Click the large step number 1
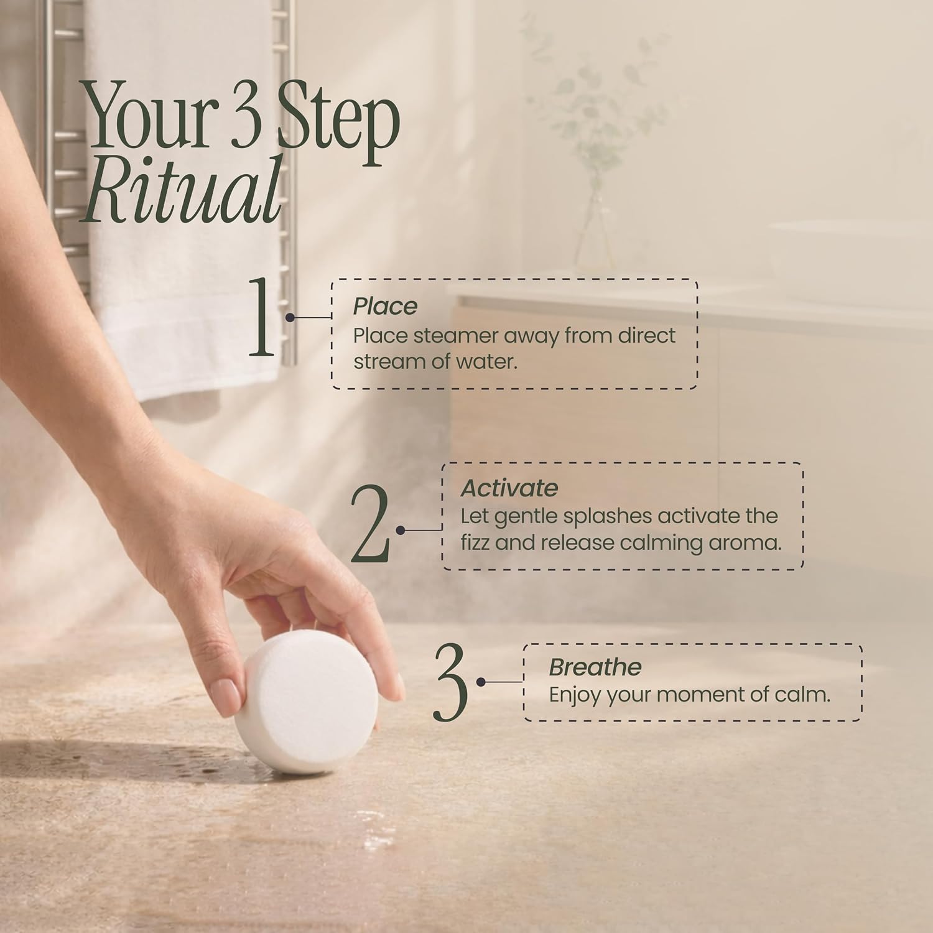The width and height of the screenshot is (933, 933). pyautogui.click(x=262, y=317)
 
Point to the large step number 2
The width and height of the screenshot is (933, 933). pyautogui.click(x=371, y=522)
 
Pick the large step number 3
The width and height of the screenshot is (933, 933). pyautogui.click(x=450, y=682)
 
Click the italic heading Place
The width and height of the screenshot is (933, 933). pyautogui.click(x=385, y=307)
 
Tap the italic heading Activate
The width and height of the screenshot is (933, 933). pyautogui.click(x=509, y=488)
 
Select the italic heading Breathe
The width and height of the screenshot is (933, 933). pyautogui.click(x=595, y=667)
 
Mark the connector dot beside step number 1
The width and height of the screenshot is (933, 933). pyautogui.click(x=290, y=317)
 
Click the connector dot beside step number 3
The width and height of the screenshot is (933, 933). pyautogui.click(x=481, y=682)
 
